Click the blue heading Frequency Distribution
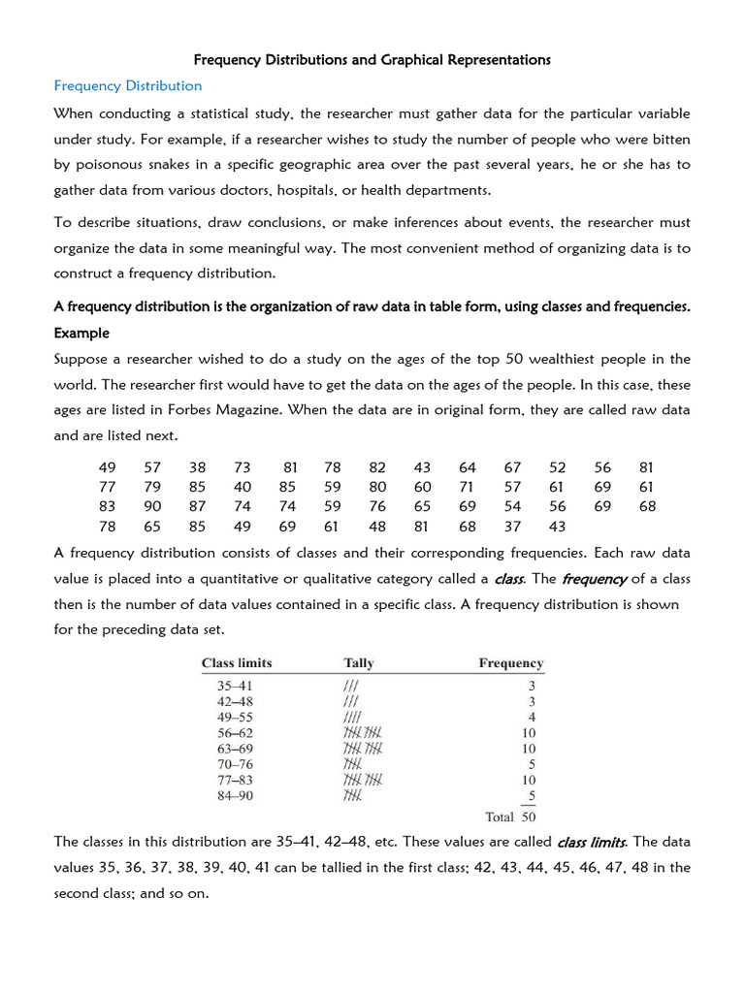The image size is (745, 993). (128, 85)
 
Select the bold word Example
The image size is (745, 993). (81, 333)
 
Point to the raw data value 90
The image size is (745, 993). (153, 506)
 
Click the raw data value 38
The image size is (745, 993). (197, 467)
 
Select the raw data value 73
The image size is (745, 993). (243, 467)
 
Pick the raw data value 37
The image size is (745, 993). (512, 527)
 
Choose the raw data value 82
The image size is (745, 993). (377, 467)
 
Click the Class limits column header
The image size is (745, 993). (237, 663)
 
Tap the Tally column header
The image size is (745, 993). (358, 663)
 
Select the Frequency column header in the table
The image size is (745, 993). (510, 663)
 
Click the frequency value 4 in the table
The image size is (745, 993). (532, 717)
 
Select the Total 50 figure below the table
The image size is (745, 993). (514, 817)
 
